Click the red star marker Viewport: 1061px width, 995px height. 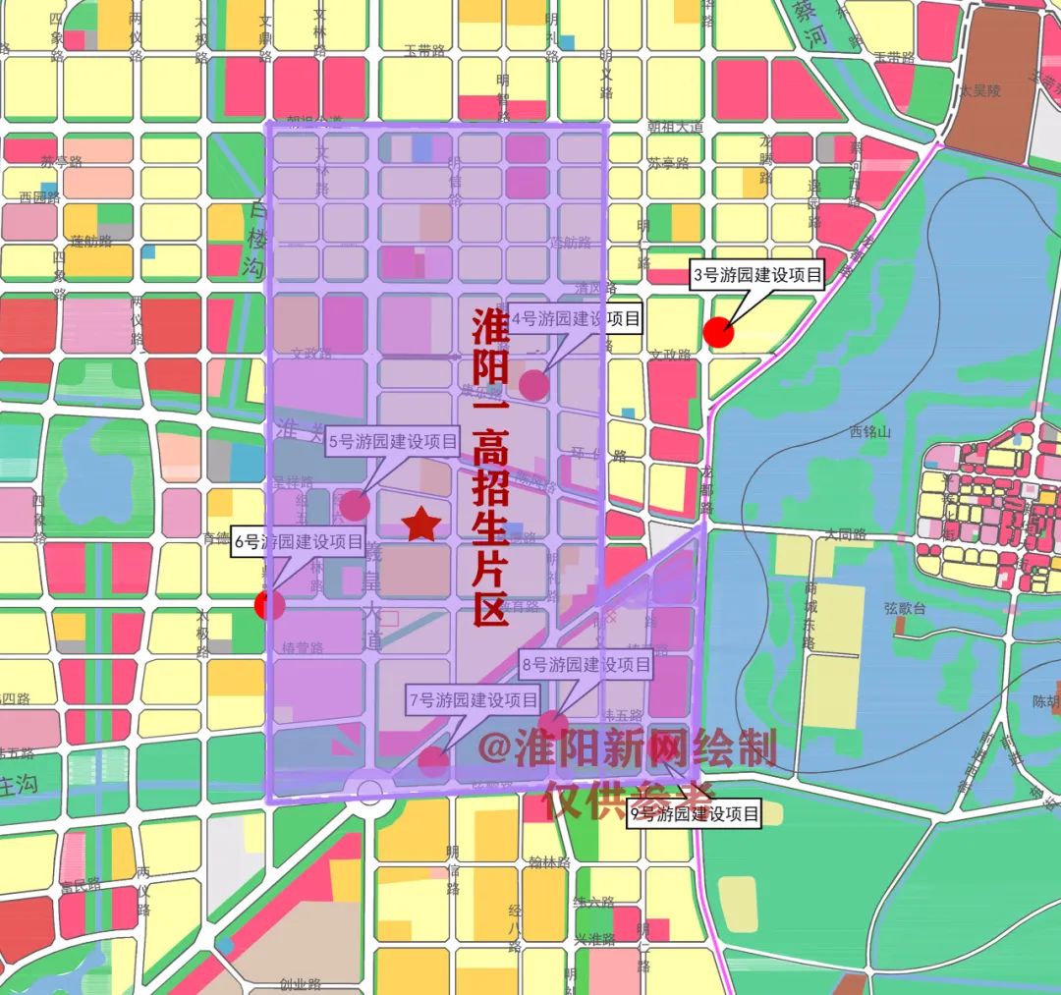pos(421,525)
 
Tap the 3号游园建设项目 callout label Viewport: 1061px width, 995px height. pos(755,276)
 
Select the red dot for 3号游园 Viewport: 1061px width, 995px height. pos(719,333)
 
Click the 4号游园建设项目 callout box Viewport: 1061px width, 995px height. pos(576,318)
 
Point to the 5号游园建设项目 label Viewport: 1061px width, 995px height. pos(393,443)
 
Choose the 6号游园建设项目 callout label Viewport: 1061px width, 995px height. pos(298,541)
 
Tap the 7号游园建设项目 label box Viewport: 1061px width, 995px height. pos(474,700)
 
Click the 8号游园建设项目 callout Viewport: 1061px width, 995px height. pos(586,665)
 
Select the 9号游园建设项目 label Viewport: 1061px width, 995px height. pos(696,814)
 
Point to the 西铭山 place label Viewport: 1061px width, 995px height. pos(869,432)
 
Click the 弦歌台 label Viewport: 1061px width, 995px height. pos(905,609)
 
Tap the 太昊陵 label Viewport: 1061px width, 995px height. pos(979,90)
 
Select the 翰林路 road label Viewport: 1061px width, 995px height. pos(548,863)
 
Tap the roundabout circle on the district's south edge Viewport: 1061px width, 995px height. pos(370,793)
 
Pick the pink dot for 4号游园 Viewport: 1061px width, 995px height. pos(533,385)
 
